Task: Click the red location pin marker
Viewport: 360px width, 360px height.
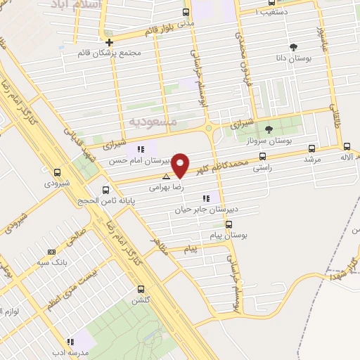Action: coord(181,165)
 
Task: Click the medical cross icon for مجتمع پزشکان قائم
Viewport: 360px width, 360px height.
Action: coord(110,41)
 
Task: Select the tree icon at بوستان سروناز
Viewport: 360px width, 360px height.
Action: coord(268,129)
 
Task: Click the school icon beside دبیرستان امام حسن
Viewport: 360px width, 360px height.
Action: coord(141,149)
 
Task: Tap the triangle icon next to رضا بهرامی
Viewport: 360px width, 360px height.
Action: coord(166,176)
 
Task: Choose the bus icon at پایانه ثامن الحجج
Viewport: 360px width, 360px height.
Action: coord(105,189)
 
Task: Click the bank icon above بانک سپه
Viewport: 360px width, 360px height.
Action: coord(51,252)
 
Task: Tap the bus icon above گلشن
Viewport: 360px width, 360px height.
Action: coord(141,289)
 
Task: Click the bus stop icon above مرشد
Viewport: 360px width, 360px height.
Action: coord(311,148)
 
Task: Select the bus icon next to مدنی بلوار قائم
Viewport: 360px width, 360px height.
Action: coord(186,12)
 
